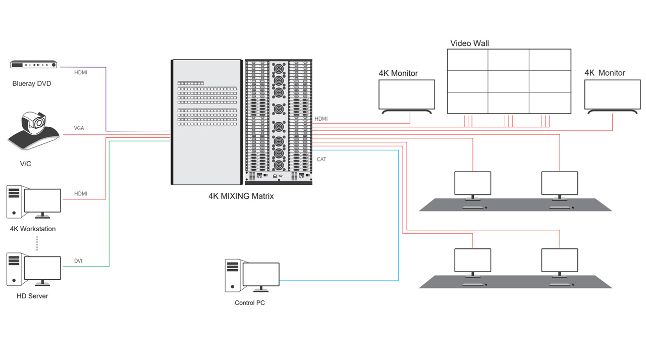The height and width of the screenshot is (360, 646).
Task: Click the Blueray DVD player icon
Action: click(x=34, y=65)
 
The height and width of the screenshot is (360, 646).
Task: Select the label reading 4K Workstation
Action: click(x=33, y=229)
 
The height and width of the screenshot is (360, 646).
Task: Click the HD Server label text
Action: click(x=32, y=296)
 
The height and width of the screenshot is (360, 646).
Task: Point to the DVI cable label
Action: click(x=78, y=261)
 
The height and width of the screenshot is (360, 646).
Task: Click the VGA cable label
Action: click(x=79, y=128)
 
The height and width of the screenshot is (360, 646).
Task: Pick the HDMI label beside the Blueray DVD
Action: click(x=81, y=73)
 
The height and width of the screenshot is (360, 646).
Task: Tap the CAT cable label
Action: click(x=321, y=160)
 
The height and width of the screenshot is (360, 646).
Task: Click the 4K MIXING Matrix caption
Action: click(x=241, y=196)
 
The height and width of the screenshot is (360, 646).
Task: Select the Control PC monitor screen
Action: click(x=261, y=274)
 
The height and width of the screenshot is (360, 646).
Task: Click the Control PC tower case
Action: click(x=232, y=275)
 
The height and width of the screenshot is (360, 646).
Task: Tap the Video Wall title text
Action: click(x=469, y=43)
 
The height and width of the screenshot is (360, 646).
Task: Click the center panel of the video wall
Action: click(x=509, y=81)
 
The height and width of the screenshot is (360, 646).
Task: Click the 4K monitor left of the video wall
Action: click(x=407, y=94)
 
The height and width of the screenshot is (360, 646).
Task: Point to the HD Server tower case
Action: click(x=14, y=269)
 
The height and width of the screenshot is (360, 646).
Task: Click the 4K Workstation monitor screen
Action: click(x=42, y=201)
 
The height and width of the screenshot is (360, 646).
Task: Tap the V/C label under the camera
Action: click(x=25, y=164)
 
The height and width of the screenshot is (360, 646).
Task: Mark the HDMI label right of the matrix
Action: click(x=321, y=119)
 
